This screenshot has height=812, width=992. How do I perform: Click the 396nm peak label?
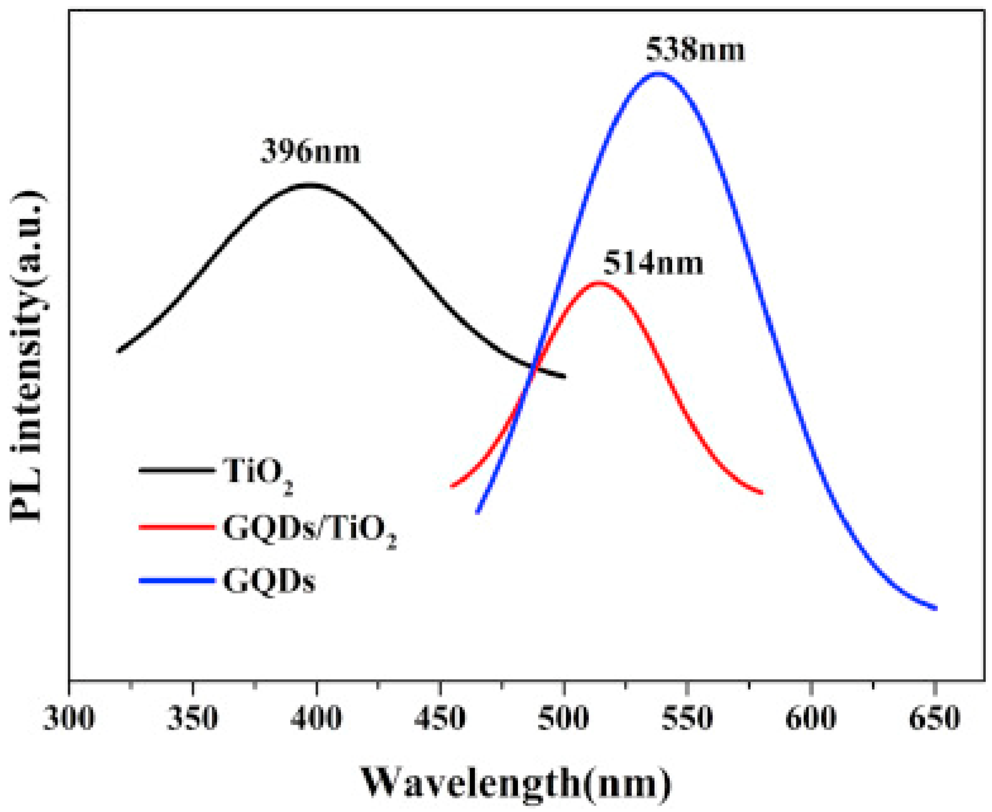(310, 153)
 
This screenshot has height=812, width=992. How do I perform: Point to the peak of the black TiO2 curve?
(309, 184)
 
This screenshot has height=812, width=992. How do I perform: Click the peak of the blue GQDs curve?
(658, 74)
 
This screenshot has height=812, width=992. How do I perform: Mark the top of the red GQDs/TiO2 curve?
(599, 282)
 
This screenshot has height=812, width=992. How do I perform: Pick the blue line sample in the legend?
(177, 581)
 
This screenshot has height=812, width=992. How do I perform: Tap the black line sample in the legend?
(177, 470)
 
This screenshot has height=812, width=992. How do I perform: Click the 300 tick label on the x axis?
(69, 718)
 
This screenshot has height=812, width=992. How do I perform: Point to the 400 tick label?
(316, 718)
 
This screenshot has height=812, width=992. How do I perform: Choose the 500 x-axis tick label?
(564, 718)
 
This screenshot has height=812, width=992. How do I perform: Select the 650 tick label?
(934, 718)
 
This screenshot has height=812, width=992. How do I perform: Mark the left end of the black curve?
(119, 351)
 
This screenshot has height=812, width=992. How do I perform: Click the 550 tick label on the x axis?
(687, 718)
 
